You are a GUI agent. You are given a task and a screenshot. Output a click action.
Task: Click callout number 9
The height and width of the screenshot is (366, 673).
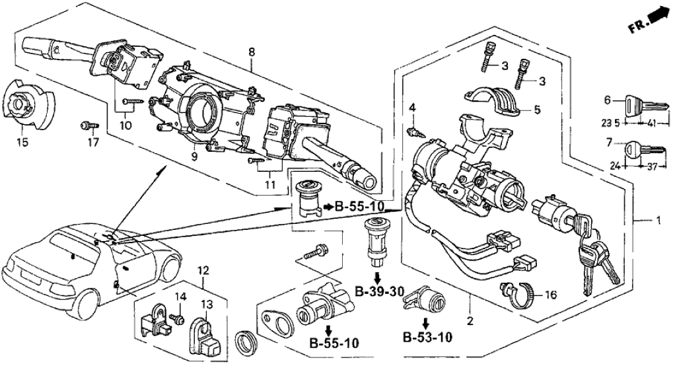pos(195,156)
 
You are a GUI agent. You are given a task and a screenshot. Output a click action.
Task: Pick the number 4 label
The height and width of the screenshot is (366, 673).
pos(411,108)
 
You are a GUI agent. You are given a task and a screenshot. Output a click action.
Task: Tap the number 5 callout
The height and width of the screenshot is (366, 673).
pos(536,110)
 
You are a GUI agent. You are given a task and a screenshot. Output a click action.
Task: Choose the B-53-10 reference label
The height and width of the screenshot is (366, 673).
pos(427,340)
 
